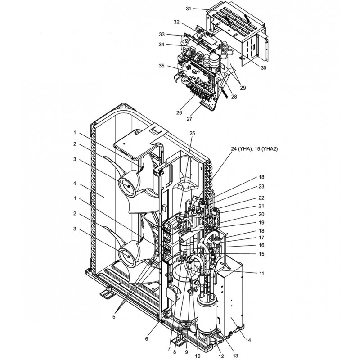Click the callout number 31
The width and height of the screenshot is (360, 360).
click(x=189, y=9)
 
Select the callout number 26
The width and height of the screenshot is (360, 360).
click(x=179, y=112)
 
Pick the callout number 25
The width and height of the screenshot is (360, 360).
click(x=192, y=134)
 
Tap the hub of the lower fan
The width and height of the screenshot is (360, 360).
click(x=127, y=257)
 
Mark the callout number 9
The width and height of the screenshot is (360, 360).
click(x=185, y=351)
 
